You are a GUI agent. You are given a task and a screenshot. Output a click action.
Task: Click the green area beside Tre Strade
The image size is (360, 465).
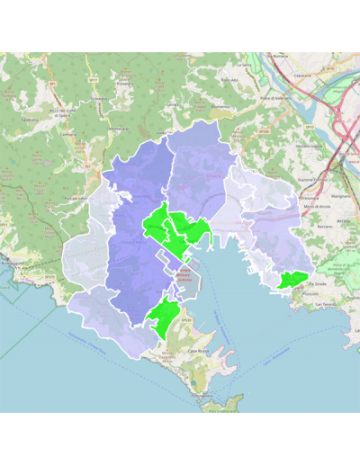292,279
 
